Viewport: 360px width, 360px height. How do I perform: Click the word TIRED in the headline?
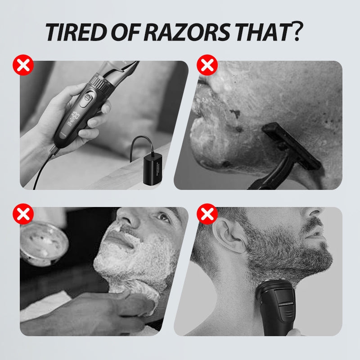(x=76, y=32)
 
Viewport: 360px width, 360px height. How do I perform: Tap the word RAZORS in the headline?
(x=187, y=32)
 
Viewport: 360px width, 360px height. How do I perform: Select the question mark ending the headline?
(x=297, y=31)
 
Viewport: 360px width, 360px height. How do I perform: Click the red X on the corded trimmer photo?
(x=23, y=65)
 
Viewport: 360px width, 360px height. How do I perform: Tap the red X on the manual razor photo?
(x=207, y=65)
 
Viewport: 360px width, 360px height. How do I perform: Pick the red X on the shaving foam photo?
(x=23, y=214)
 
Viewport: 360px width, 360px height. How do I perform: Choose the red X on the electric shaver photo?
(x=207, y=214)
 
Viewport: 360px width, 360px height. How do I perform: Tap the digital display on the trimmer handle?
(x=73, y=119)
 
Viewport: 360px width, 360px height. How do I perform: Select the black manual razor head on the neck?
(x=291, y=146)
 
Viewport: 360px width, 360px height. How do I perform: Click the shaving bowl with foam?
(x=44, y=244)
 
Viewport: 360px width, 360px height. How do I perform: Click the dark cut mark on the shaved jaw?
(x=235, y=113)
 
